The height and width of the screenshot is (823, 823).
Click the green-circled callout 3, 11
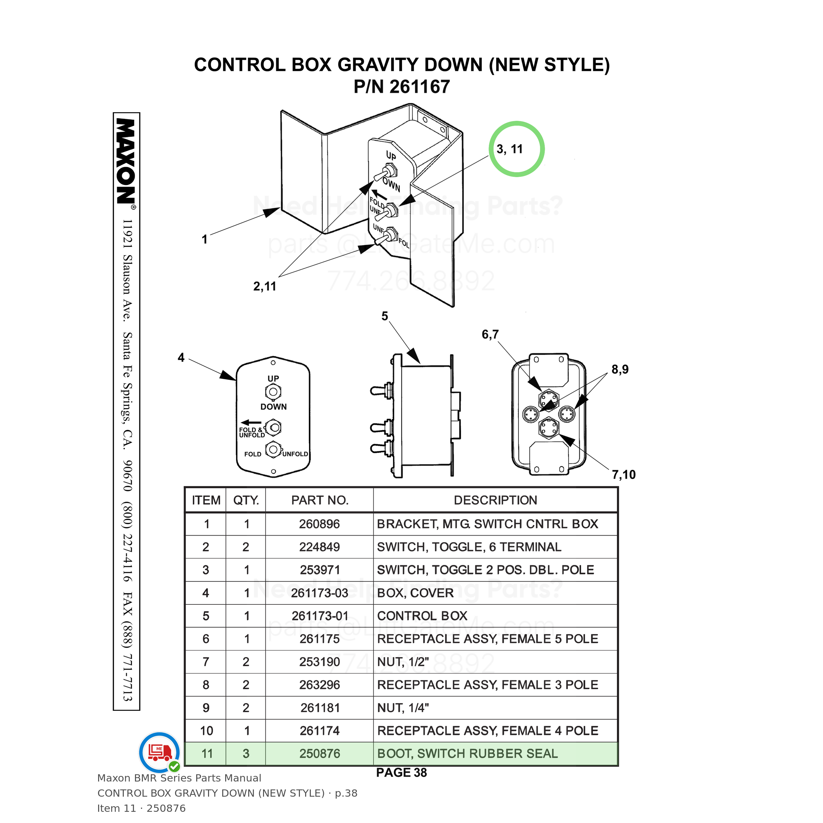tap(510, 149)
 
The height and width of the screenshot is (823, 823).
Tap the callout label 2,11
tap(265, 286)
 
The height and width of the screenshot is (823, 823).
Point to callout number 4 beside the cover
tap(181, 358)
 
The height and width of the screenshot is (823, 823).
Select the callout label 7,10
tap(624, 475)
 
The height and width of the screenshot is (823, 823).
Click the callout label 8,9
tap(620, 369)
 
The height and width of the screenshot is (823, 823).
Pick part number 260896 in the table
tap(319, 524)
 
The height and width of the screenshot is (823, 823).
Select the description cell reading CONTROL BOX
tap(422, 616)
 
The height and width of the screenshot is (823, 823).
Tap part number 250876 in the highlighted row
tap(319, 754)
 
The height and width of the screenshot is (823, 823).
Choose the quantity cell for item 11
tap(246, 754)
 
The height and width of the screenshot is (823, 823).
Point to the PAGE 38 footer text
tap(401, 772)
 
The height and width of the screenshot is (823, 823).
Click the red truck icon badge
tap(160, 752)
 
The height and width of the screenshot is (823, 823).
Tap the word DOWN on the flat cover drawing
tap(274, 407)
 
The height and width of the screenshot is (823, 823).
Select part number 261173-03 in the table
tap(319, 593)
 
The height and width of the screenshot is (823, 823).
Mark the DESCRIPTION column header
tap(495, 500)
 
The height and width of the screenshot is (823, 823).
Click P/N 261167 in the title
tap(402, 87)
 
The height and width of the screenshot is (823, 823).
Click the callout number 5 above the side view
tap(385, 316)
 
